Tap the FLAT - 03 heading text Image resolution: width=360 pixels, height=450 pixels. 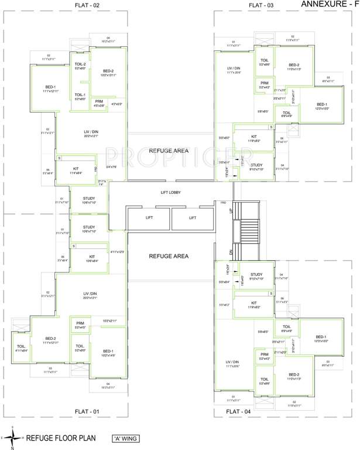tap(261, 5)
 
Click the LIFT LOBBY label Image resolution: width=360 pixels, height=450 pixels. tap(173, 192)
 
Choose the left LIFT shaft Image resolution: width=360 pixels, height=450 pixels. tap(148, 217)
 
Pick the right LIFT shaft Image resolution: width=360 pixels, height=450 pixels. tap(192, 217)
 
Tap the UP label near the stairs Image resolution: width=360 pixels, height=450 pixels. tap(231, 210)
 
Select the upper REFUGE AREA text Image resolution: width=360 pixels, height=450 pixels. tap(169, 151)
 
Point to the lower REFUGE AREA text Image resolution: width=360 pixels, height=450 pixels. tap(169, 256)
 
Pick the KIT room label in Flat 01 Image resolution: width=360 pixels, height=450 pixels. tap(92, 257)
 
